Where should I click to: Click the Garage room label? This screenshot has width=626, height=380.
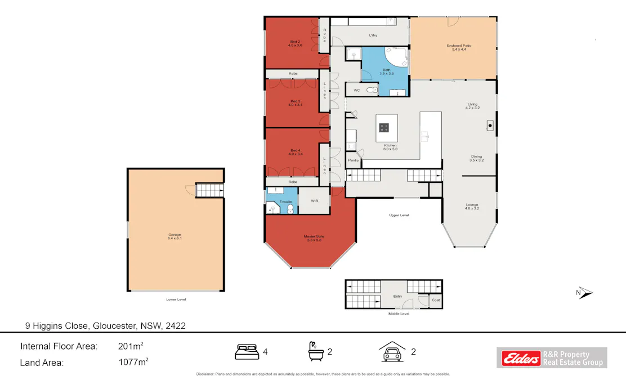[x=174, y=236]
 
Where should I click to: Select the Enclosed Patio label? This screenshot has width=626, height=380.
[x=454, y=47]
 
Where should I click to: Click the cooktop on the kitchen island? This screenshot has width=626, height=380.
[x=385, y=127]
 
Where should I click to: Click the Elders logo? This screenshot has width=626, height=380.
[x=518, y=358]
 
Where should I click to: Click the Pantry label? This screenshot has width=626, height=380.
[x=354, y=160]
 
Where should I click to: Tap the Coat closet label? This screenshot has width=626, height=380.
[x=436, y=301]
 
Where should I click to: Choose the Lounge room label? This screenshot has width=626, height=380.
[x=471, y=206]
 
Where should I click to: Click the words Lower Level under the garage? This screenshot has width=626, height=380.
[x=176, y=299]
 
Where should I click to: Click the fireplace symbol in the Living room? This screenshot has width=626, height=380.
[x=490, y=126]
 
